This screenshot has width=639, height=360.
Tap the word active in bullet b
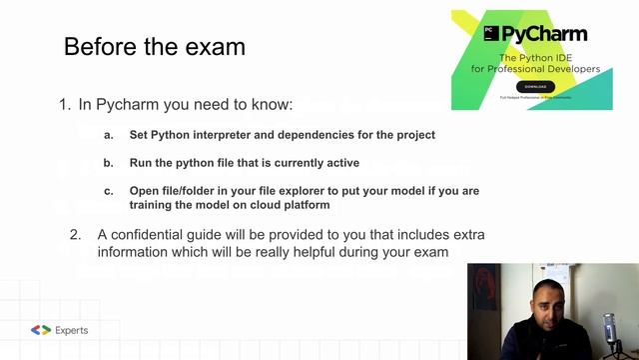click(x=339, y=162)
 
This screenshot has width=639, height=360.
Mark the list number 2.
click(x=75, y=234)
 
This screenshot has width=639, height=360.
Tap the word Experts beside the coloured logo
click(x=72, y=330)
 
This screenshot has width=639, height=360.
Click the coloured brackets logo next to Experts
click(x=41, y=330)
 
